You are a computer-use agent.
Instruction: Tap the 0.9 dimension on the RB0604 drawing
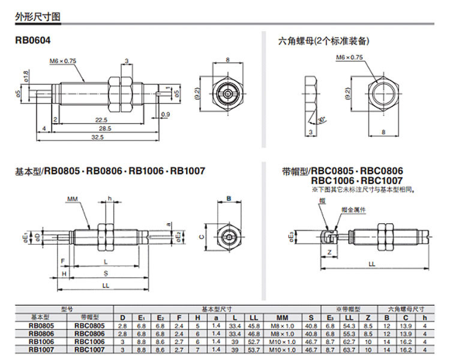(166, 113)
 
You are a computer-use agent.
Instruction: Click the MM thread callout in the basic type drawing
(73, 197)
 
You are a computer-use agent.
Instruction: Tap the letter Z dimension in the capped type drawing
(331, 253)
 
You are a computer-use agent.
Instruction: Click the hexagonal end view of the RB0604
(228, 94)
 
